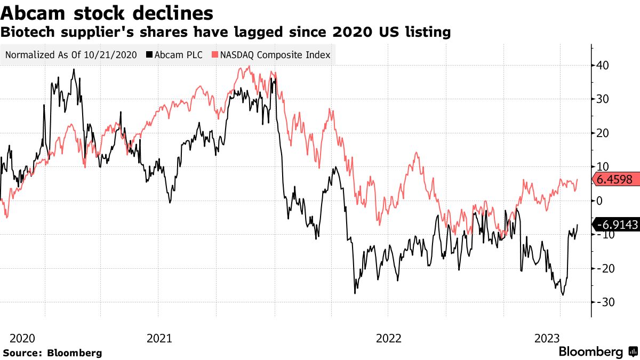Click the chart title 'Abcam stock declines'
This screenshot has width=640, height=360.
107,12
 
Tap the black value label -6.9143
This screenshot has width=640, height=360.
617,225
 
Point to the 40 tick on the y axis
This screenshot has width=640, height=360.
603,66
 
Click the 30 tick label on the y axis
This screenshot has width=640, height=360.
603,99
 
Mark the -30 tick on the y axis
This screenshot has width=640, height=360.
605,302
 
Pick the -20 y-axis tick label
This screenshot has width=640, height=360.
605,268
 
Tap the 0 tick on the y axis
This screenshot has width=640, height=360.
599,201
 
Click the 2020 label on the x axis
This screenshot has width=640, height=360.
22,338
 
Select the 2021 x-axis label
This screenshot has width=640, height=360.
159,338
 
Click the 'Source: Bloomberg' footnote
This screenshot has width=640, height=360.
52,353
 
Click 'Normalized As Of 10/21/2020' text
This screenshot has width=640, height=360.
70,54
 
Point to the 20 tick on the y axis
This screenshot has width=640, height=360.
603,133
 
